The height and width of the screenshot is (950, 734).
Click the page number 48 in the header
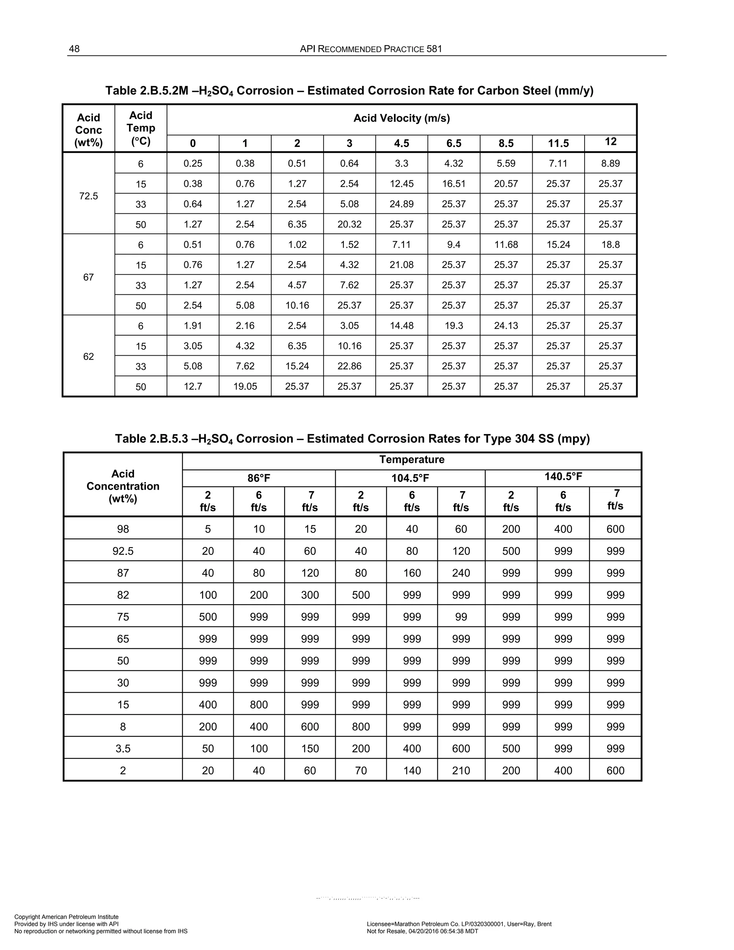74,49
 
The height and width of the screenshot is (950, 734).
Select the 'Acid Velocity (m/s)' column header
401,118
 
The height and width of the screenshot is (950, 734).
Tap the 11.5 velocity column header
558,143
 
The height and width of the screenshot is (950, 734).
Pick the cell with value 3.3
401,163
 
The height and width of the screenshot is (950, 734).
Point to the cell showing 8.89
610,163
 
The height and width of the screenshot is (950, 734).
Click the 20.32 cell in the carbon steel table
349,224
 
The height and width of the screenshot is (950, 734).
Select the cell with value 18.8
610,244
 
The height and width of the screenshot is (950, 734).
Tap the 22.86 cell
349,366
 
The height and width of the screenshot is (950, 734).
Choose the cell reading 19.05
245,386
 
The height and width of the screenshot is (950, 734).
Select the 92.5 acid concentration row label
123,551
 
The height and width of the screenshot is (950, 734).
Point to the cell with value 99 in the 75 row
461,617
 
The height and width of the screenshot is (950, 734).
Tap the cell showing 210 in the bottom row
461,771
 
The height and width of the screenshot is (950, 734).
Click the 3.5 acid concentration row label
123,749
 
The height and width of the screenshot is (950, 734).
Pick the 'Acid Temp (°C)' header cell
140,128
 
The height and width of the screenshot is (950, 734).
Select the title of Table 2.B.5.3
352,438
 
